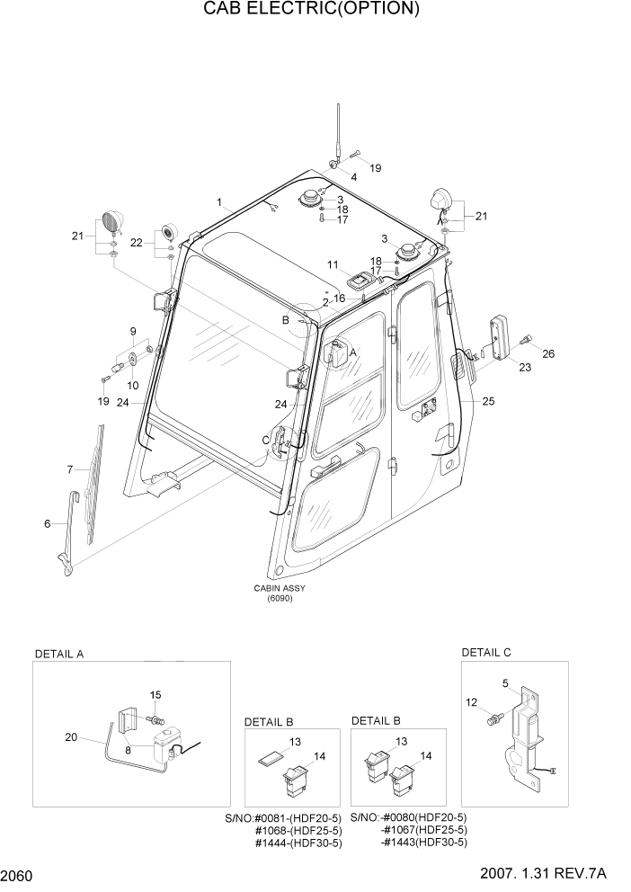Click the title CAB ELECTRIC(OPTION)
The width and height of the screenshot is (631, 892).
point(311,10)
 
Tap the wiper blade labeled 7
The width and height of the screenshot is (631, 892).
point(94,484)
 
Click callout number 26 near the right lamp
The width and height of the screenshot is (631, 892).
point(548,353)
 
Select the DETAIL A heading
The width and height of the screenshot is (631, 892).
point(58,654)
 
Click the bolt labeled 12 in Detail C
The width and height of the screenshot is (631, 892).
point(492,718)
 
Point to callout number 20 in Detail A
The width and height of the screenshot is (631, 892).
point(71,737)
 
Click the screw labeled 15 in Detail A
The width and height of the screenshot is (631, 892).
point(158,721)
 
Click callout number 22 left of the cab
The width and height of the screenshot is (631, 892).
point(136,243)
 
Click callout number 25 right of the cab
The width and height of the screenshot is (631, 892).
point(488,401)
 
